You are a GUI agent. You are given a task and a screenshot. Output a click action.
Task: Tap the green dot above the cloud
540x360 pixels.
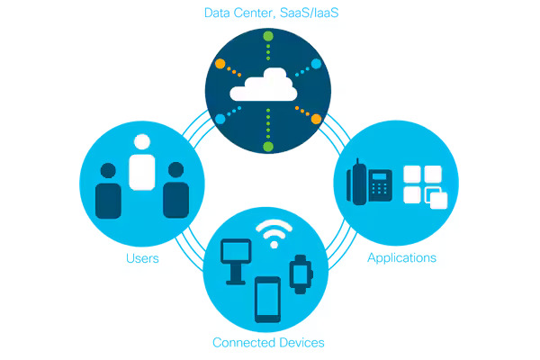click(267, 37)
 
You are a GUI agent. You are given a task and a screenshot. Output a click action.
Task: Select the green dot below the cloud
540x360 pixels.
click(266, 146)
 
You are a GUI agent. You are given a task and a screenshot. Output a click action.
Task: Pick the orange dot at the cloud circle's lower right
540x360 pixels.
click(316, 118)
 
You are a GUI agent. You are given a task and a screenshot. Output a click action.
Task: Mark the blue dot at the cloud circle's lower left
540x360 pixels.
click(220, 119)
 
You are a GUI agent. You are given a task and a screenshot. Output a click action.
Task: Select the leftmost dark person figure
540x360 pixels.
click(109, 191)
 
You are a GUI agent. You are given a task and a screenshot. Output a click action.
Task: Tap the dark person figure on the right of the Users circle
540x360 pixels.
click(175, 191)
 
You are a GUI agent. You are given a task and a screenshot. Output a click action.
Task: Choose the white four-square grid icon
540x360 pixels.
click(423, 186)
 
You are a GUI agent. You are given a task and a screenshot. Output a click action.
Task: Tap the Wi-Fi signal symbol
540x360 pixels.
click(274, 234)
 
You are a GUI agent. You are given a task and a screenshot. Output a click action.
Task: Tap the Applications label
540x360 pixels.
click(401, 258)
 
